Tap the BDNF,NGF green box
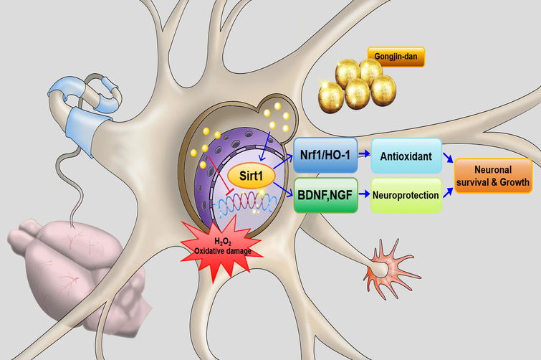(325, 195)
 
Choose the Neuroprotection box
(406, 194)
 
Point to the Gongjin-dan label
(396, 55)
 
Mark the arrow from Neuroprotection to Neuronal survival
(448, 188)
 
